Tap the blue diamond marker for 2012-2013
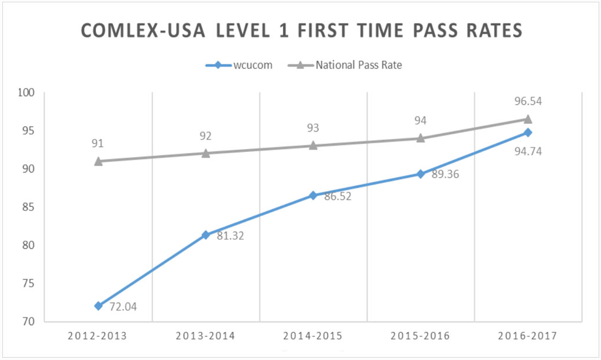[x=98, y=306]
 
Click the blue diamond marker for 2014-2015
[x=313, y=195]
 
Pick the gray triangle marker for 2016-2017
[x=527, y=119]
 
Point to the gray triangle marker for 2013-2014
[x=206, y=153]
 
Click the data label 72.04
[x=122, y=306]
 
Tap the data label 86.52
[x=337, y=197]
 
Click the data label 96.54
[x=527, y=101]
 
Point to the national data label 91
[x=98, y=143]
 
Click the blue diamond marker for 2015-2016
[x=420, y=174]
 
